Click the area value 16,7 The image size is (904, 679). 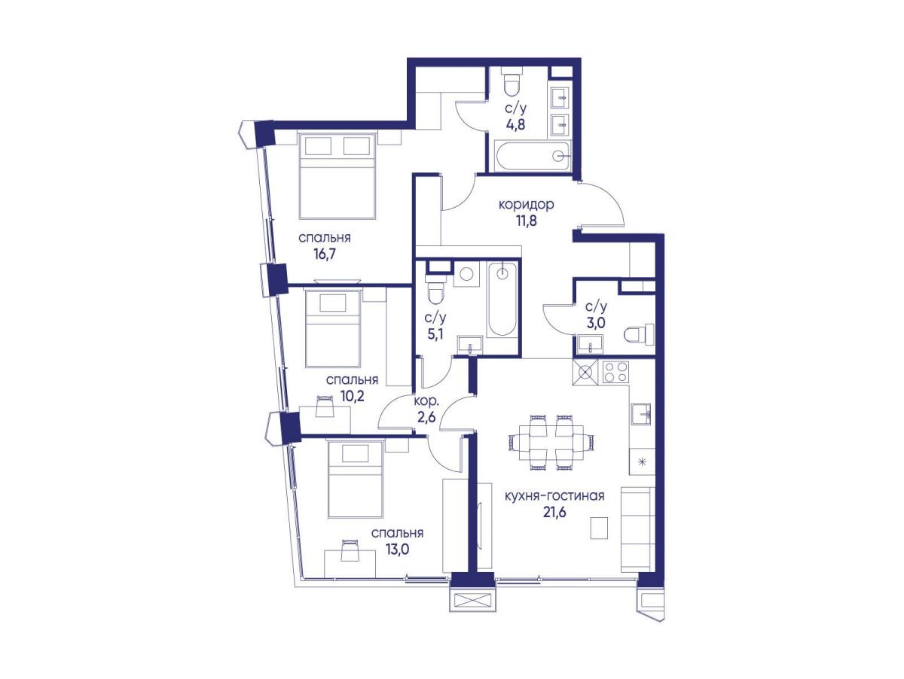pos(324,254)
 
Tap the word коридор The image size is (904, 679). pos(526,205)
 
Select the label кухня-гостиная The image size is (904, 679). pos(554,496)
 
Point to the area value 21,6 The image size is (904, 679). pos(554,513)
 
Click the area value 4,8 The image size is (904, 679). pos(515,124)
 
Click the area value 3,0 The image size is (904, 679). pos(596,323)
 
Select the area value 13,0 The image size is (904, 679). pos(397,550)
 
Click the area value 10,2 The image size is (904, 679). pos(353,396)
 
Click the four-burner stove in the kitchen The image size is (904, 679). pos(615,372)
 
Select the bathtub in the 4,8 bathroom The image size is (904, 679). pos(531,156)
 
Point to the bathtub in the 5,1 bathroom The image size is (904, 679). pos(502,300)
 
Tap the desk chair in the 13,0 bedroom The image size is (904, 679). pos(350,550)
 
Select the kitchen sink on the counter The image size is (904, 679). pos(641,413)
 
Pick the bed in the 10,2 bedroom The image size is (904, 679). pos(333,328)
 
